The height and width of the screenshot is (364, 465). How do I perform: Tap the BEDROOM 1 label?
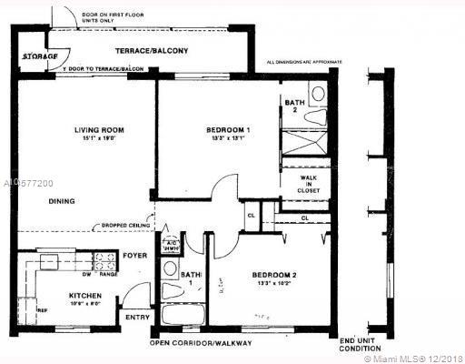click(227, 130)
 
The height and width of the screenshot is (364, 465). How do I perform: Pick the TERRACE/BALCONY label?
click(151, 51)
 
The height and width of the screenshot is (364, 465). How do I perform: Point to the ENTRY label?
click(138, 318)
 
